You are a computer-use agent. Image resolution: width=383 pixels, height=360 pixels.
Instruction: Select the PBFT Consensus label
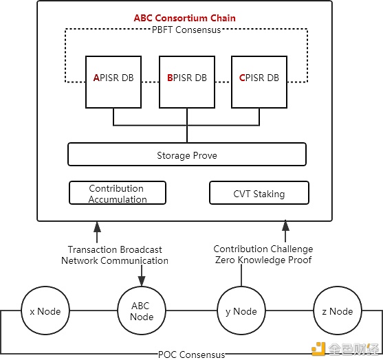(x=186, y=30)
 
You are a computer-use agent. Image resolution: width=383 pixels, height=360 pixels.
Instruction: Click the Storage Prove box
(x=186, y=155)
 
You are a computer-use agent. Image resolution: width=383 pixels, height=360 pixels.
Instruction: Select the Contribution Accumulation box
(x=118, y=193)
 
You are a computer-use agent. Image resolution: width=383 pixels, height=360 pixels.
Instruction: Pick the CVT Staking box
(x=259, y=193)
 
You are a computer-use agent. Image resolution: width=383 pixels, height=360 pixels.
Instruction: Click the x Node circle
(x=45, y=311)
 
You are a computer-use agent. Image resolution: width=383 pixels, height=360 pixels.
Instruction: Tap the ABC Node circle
(x=142, y=311)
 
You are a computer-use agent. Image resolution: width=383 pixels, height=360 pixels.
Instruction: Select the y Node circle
(x=241, y=311)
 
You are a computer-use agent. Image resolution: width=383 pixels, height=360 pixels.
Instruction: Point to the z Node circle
(x=337, y=311)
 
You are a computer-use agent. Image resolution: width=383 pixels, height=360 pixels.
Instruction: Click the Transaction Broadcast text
(x=114, y=249)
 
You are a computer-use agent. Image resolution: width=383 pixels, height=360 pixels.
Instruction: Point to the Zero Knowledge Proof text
(x=263, y=260)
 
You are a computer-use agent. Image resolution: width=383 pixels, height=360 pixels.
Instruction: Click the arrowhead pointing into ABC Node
(x=142, y=282)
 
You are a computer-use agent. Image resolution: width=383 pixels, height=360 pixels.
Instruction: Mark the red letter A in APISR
(x=96, y=78)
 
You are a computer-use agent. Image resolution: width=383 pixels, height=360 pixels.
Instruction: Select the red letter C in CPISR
(x=242, y=78)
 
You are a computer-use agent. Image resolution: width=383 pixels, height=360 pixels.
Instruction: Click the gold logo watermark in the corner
(x=318, y=346)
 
